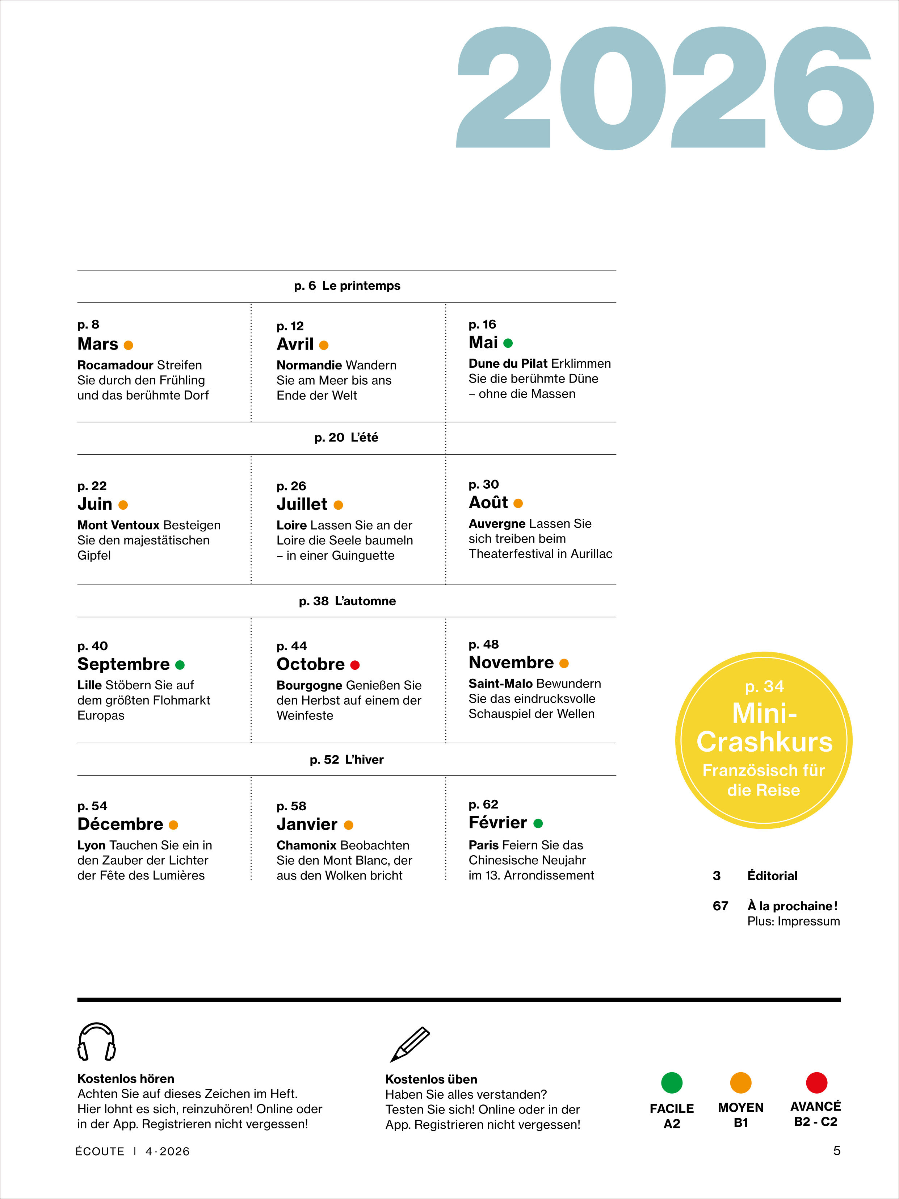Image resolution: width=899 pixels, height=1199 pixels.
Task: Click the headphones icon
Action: click(96, 1041)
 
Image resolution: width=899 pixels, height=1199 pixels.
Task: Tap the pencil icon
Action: click(409, 1044)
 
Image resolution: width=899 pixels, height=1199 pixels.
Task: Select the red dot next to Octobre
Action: click(355, 665)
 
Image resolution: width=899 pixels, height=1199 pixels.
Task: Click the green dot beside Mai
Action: click(508, 343)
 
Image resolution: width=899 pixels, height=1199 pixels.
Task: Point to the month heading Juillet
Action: click(302, 504)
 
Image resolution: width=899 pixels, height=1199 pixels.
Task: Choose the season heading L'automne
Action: click(365, 601)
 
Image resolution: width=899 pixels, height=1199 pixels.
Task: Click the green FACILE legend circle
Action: click(671, 1082)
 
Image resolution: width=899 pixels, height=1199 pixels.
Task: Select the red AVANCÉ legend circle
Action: click(816, 1082)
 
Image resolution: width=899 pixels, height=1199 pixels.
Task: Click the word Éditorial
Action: click(772, 876)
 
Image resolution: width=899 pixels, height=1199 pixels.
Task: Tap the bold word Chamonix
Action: click(307, 845)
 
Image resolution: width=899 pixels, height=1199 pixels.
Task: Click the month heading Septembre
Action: click(123, 664)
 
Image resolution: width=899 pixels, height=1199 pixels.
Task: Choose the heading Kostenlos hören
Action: click(126, 1079)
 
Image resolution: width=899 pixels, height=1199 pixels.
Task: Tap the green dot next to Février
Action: click(538, 823)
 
